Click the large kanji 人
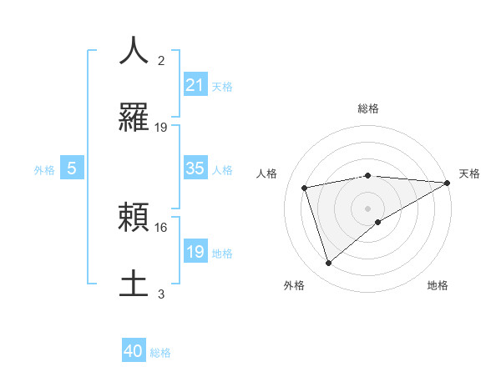(x=134, y=51)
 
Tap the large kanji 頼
(x=134, y=219)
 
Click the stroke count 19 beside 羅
(x=161, y=128)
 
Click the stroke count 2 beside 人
(x=161, y=61)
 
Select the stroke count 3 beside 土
(x=161, y=294)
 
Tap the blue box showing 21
(x=195, y=85)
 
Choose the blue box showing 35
(x=195, y=168)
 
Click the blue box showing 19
(x=195, y=252)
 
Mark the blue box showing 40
(x=134, y=351)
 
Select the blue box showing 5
(x=72, y=168)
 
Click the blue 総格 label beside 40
(x=160, y=353)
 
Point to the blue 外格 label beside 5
(x=44, y=170)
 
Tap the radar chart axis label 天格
(x=469, y=173)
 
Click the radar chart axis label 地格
(x=438, y=285)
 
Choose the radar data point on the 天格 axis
(x=448, y=183)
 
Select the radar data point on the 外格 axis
(x=328, y=264)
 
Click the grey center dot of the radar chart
(x=368, y=208)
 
